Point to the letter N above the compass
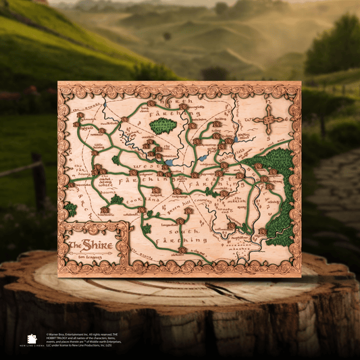tap(268, 101)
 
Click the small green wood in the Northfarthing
tap(161, 126)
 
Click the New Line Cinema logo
tap(31, 340)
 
